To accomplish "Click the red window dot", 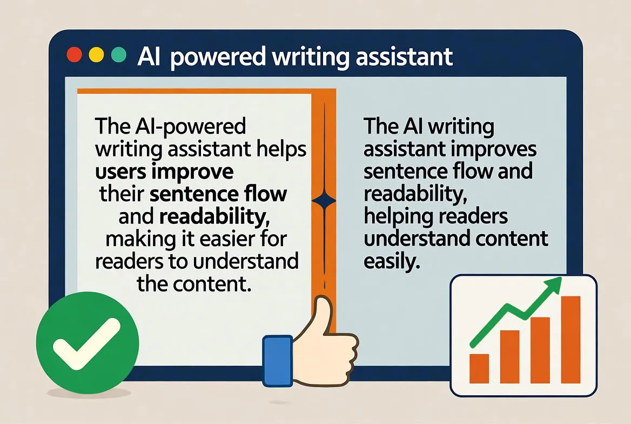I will coord(73,55).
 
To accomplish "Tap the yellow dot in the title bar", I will coord(96,55).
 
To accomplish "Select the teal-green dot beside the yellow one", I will coord(118,55).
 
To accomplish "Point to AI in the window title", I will coord(149,56).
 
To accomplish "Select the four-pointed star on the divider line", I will coord(324,201).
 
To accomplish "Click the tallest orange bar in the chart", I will coord(570,339).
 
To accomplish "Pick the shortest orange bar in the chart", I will coord(479,368).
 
